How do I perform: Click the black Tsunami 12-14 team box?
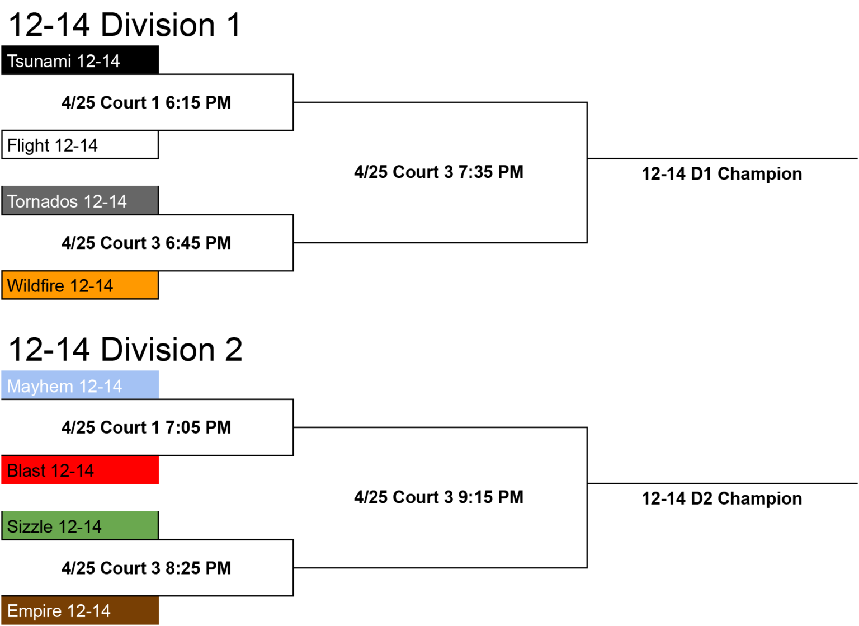pyautogui.click(x=80, y=60)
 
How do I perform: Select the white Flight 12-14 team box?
pyautogui.click(x=80, y=144)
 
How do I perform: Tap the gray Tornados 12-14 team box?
pyautogui.click(x=80, y=201)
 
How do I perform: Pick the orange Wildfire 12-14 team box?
pyautogui.click(x=80, y=285)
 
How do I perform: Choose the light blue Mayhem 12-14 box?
pyautogui.click(x=80, y=385)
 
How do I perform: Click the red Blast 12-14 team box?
pyautogui.click(x=80, y=470)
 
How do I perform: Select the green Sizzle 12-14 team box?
pyautogui.click(x=80, y=525)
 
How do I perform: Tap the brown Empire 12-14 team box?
pyautogui.click(x=80, y=610)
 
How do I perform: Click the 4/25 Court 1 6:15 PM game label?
pyautogui.click(x=146, y=102)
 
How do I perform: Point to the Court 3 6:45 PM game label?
pyautogui.click(x=146, y=243)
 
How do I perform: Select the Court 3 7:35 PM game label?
pyautogui.click(x=438, y=172)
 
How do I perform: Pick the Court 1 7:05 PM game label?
pyautogui.click(x=146, y=427)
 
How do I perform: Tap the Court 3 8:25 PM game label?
pyautogui.click(x=146, y=568)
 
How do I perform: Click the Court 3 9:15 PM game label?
pyautogui.click(x=438, y=497)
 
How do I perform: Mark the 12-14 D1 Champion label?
pyautogui.click(x=722, y=174)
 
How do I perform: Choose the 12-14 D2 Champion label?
pyautogui.click(x=722, y=498)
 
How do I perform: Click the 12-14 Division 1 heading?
pyautogui.click(x=125, y=25)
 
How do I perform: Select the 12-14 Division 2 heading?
pyautogui.click(x=125, y=350)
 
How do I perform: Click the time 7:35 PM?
pyautogui.click(x=491, y=172)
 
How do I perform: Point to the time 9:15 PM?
pyautogui.click(x=491, y=497)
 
